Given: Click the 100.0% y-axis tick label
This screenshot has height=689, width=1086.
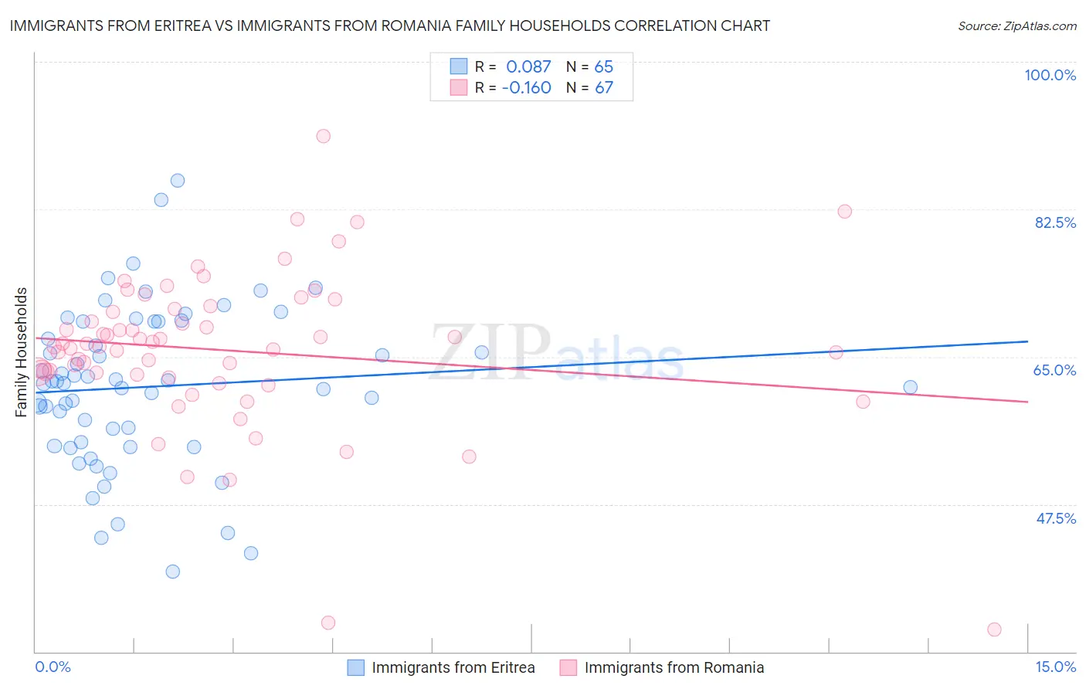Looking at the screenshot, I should [x=1050, y=75].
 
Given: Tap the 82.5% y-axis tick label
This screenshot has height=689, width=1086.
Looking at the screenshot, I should [x=1054, y=222].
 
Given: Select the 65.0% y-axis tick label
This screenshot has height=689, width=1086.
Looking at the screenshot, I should [x=1054, y=370].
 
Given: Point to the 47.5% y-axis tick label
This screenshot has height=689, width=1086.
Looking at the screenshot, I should [x=1055, y=518].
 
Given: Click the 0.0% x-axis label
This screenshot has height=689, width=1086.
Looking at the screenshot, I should [x=53, y=667].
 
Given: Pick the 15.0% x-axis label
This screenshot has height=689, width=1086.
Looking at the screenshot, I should [x=1055, y=667].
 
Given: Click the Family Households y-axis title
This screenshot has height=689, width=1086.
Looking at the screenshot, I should [x=22, y=352].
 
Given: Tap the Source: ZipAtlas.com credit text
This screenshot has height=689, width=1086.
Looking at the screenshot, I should [x=1016, y=26].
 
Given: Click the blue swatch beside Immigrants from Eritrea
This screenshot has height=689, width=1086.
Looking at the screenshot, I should [x=355, y=667].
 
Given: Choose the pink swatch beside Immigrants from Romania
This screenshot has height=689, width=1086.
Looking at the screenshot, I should [x=568, y=667].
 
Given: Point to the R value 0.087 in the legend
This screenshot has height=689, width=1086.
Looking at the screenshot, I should [x=528, y=67].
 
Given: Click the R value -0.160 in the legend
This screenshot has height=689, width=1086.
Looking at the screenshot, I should [x=526, y=88].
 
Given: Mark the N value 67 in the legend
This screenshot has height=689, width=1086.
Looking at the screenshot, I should [x=603, y=88].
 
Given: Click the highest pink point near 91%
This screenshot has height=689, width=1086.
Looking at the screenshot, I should [x=323, y=136].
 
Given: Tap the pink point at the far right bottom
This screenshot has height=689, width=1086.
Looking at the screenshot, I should [x=994, y=630].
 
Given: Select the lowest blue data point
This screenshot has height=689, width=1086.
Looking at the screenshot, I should [x=173, y=572].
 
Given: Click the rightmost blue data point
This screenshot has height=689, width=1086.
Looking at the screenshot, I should [x=910, y=387].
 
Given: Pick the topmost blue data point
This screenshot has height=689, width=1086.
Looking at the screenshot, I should [x=178, y=181].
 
